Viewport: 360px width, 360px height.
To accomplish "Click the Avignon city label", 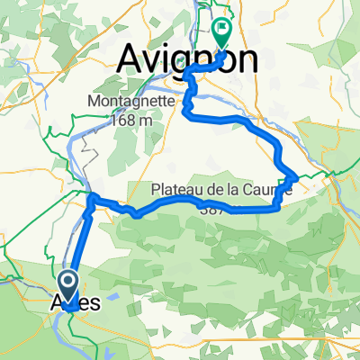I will pyautogui.click(x=188, y=61).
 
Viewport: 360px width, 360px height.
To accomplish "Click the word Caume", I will pyautogui.click(x=270, y=191).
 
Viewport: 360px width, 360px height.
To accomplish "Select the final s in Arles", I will pyautogui.click(x=95, y=303).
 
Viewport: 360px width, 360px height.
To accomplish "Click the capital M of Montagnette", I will pyautogui.click(x=92, y=103).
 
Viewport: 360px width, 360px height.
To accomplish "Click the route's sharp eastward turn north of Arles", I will pyautogui.click(x=93, y=196).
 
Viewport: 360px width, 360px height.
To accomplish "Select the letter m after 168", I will pyautogui.click(x=140, y=120).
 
